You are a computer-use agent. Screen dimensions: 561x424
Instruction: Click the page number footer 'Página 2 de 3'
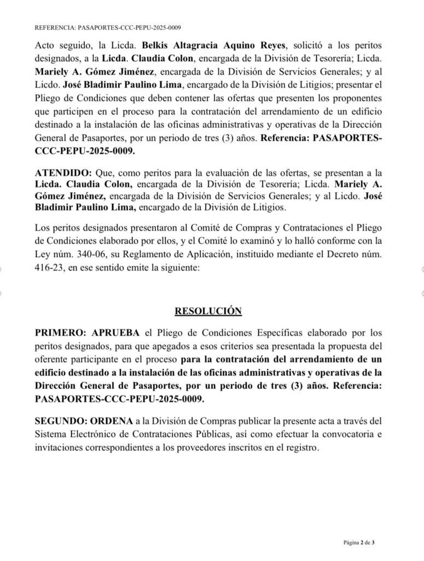(x=359, y=542)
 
